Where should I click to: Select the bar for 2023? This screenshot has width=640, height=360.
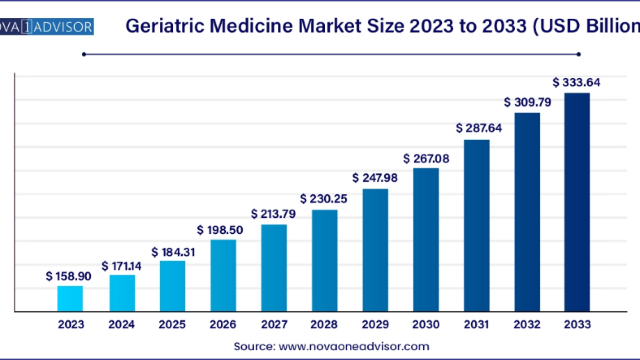70,298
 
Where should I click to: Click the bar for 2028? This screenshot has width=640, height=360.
324,260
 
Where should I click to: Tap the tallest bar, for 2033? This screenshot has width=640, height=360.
577,202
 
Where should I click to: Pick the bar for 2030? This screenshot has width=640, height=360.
426,240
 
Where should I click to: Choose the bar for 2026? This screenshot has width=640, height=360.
223,275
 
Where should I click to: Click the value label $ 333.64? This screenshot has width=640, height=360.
576,83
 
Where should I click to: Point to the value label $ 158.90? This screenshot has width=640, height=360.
68,276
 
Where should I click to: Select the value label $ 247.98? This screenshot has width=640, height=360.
375,178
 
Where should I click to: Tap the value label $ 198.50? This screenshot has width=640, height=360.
220,230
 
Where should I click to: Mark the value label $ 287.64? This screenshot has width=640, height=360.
479,128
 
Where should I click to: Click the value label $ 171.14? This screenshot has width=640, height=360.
121,266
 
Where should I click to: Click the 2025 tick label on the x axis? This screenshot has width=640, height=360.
172,325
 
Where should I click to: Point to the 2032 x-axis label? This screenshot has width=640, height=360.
527,325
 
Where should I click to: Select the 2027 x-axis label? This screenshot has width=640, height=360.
274,325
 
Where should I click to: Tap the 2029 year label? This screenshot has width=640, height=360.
375,325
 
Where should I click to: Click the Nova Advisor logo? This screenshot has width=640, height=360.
47,27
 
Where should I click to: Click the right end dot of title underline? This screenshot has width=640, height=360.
579,54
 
